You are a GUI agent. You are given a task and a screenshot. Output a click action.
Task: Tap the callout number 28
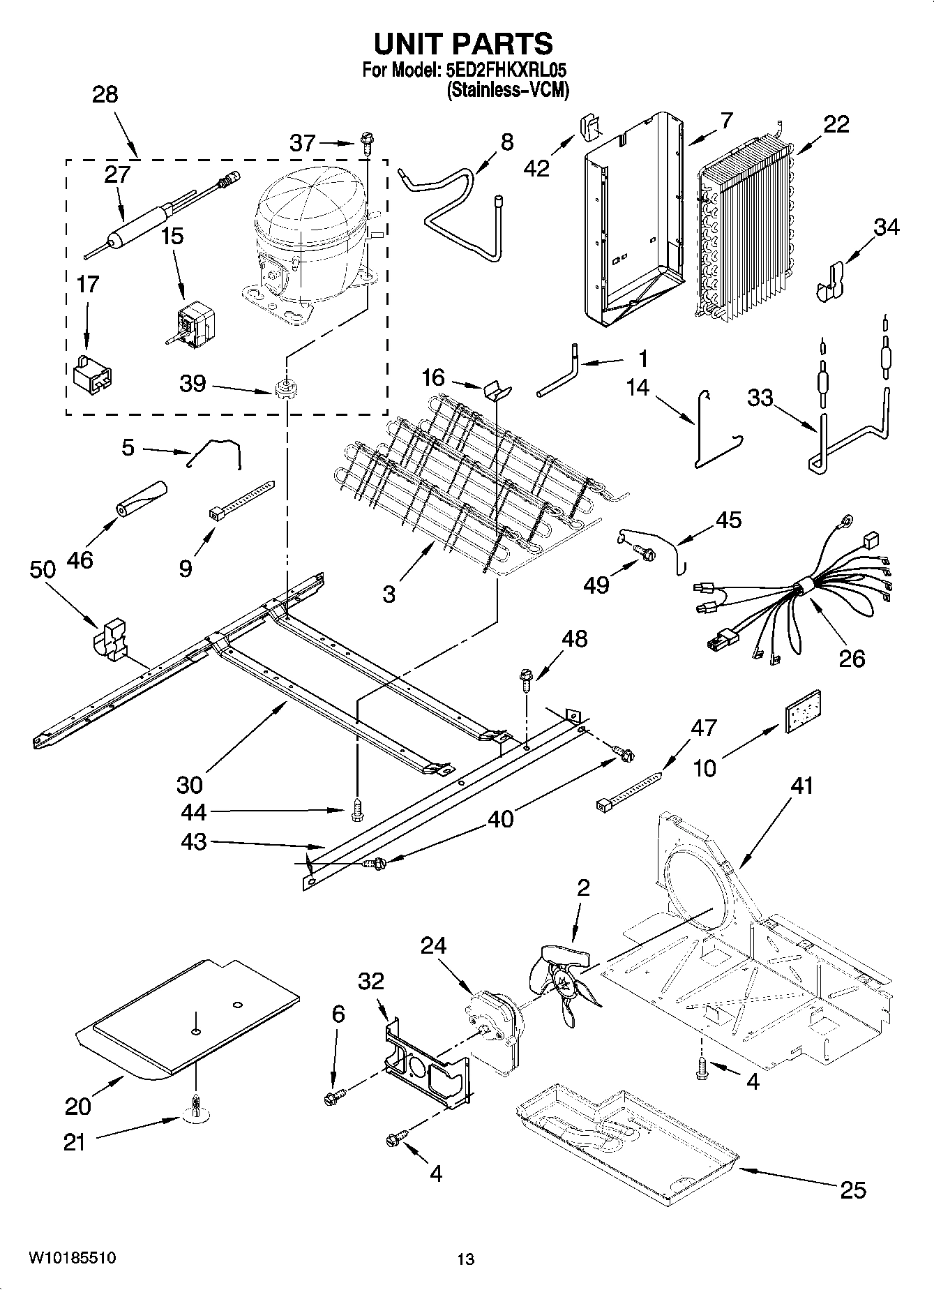[105, 95]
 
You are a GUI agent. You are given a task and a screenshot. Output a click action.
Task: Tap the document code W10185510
[72, 1259]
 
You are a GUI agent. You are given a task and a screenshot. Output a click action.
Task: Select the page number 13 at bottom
[466, 1259]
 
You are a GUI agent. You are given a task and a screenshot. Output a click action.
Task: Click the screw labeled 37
[366, 145]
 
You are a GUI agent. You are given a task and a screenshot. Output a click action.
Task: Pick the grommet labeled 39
[285, 388]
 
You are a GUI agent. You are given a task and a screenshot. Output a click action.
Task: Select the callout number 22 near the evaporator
[836, 124]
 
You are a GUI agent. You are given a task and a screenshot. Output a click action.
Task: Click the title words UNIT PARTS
[463, 44]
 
